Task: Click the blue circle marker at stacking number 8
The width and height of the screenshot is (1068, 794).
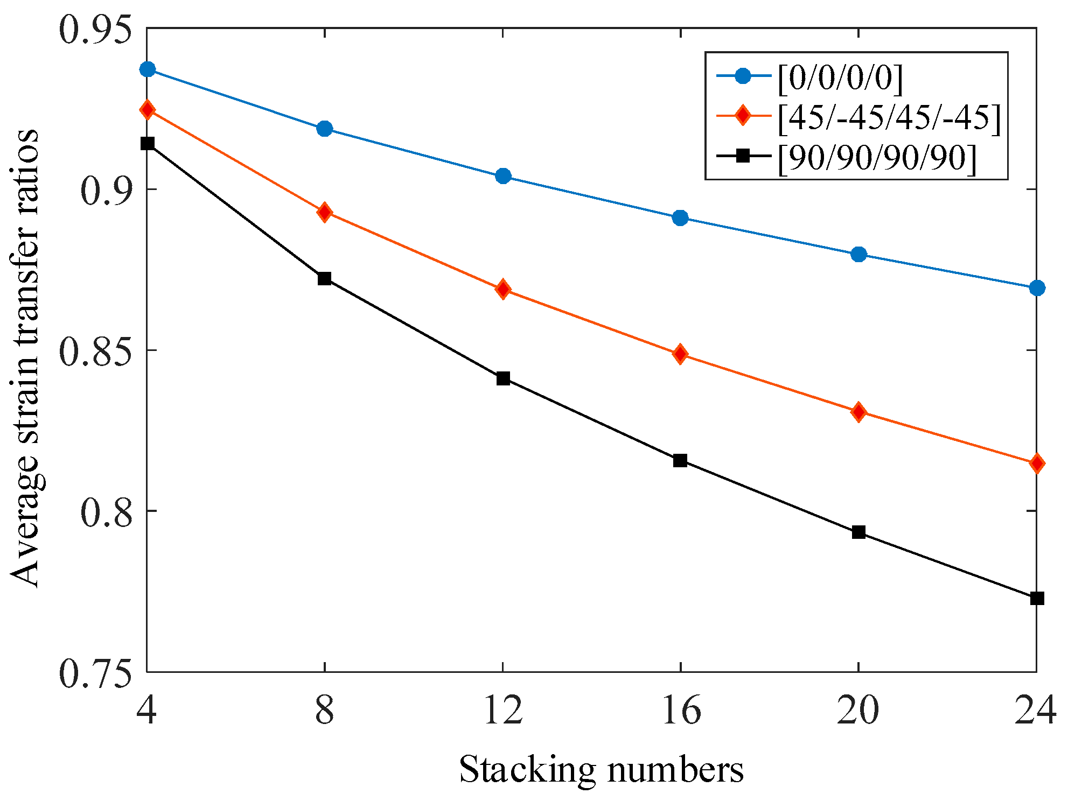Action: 324,129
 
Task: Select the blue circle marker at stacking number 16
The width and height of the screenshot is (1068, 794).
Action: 680,218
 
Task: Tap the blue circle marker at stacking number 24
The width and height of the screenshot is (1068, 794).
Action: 1037,288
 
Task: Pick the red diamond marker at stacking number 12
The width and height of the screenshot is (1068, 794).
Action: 503,290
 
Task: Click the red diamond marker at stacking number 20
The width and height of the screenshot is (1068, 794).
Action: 858,412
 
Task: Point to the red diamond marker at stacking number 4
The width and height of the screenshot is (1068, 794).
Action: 147,110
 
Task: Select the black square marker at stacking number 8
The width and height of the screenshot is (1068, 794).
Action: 324,279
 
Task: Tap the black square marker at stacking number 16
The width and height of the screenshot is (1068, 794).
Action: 680,461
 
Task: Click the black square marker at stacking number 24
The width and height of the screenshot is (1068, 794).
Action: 1037,599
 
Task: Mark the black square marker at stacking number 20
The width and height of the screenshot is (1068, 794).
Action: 858,532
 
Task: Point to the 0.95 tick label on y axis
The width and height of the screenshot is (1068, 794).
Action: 95,29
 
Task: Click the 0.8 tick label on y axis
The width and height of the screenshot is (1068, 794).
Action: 106,511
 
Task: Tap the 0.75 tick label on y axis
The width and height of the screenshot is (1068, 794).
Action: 95,672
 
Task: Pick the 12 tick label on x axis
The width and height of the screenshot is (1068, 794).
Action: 503,711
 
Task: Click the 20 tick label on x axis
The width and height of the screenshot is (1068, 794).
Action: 858,711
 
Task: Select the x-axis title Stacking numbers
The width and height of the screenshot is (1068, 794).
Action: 601,769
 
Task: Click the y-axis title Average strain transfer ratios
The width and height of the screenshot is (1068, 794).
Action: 25,358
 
